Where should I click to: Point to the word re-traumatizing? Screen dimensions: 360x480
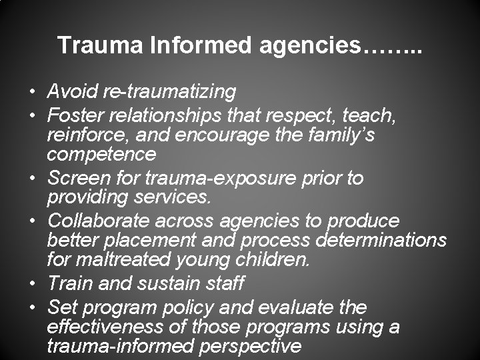(x=172, y=91)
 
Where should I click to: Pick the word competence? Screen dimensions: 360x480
(x=101, y=155)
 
